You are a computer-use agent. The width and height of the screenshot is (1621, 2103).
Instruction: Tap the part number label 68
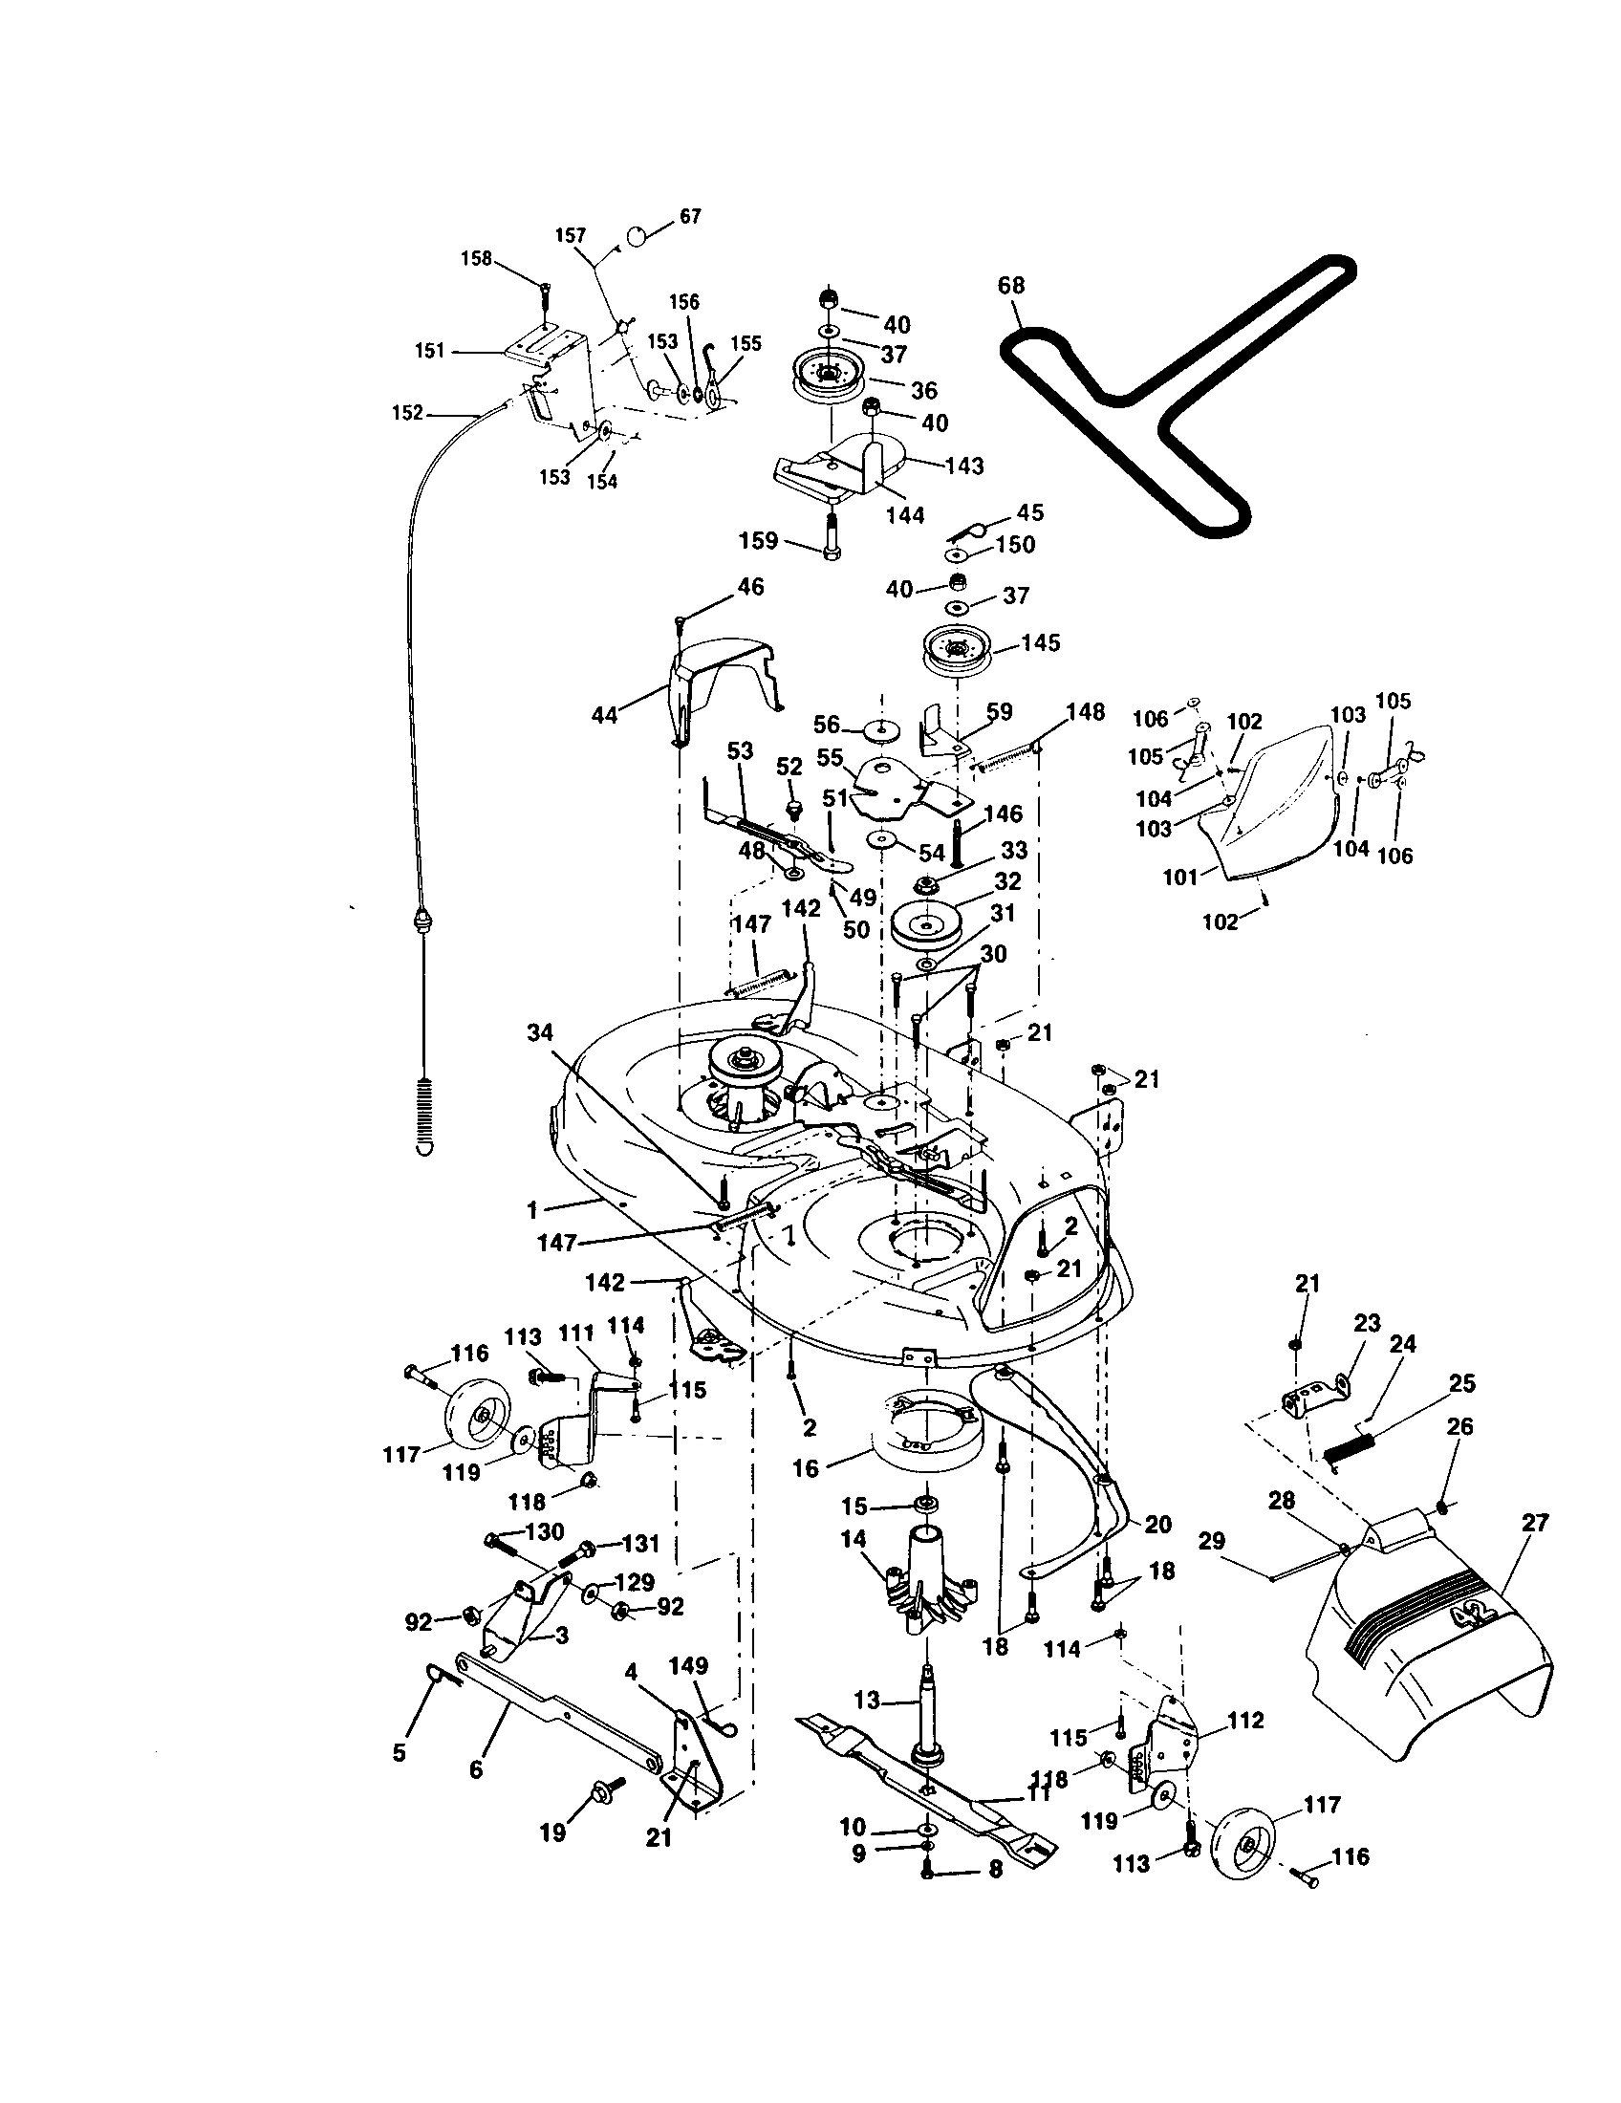pos(1010,286)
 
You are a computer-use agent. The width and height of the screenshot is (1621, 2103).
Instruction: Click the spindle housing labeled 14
pos(929,1579)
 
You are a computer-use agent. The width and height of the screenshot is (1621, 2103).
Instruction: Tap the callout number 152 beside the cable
pos(407,412)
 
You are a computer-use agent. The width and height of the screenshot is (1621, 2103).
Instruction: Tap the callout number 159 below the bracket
pos(759,541)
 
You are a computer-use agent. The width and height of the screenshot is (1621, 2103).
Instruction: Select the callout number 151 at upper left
pos(429,351)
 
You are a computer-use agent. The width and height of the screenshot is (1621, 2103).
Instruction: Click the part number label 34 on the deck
pos(540,1033)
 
